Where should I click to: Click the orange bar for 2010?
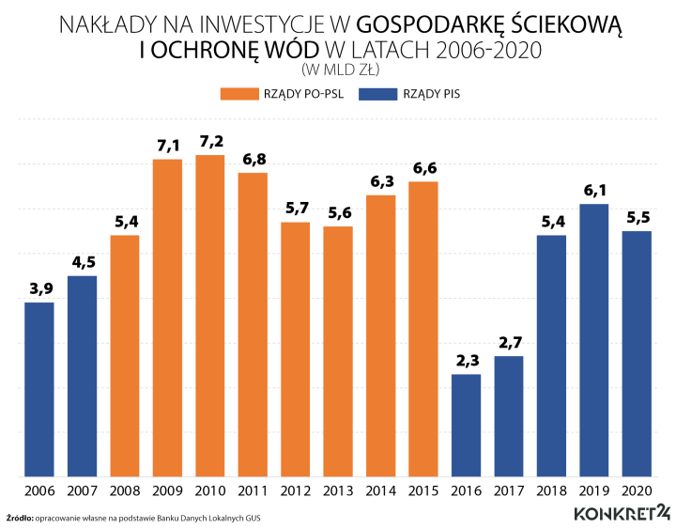[210, 316]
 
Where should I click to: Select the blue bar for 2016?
[467, 425]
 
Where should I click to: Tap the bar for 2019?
[594, 340]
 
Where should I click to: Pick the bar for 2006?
[39, 389]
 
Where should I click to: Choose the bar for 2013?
[338, 351]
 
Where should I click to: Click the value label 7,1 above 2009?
[167, 146]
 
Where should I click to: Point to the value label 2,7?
[509, 342]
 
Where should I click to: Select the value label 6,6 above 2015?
[423, 167]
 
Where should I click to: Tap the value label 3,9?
[39, 288]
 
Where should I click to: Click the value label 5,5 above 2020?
[638, 217]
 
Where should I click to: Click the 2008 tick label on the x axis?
[125, 490]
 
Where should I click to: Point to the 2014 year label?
[381, 490]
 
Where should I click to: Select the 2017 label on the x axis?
[509, 490]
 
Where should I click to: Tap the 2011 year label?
[253, 490]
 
